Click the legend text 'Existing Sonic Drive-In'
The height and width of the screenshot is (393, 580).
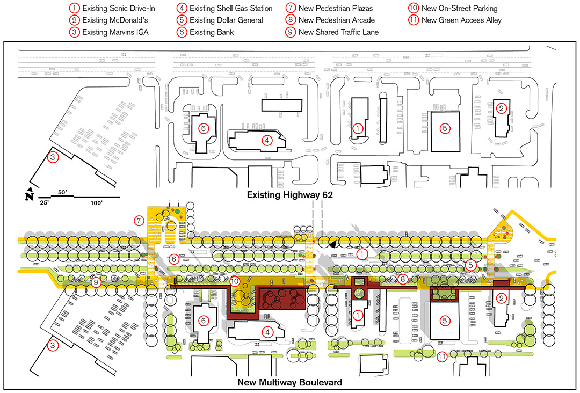pos(118,8)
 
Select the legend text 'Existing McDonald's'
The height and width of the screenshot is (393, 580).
pos(115,20)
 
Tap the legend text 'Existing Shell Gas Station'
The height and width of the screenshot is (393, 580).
pos(231,8)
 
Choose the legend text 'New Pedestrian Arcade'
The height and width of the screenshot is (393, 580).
pos(337,20)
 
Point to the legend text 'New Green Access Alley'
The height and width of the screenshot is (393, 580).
pos(461,20)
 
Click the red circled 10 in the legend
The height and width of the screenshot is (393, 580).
pos(413,8)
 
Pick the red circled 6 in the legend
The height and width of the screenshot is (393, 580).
pos(182,32)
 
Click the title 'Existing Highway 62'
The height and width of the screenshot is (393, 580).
pos(290,195)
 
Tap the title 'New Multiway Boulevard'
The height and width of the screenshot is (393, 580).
pos(289,382)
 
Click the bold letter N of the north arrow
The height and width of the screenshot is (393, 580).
pos(29,196)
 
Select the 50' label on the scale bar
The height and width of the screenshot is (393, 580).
pos(62,192)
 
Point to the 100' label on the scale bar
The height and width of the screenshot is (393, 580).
pos(96,203)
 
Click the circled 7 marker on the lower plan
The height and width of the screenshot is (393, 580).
pos(139,221)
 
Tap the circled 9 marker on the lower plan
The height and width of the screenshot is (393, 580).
pos(96,282)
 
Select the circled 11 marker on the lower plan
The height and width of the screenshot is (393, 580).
pos(441,357)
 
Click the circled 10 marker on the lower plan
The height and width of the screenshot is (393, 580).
pos(235,281)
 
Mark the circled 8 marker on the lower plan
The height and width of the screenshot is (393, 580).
pos(402,279)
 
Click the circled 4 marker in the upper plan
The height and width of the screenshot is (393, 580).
pos(267,141)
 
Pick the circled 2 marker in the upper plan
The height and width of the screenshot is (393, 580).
pos(501,108)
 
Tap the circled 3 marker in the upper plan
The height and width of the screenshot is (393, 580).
pos(53,157)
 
